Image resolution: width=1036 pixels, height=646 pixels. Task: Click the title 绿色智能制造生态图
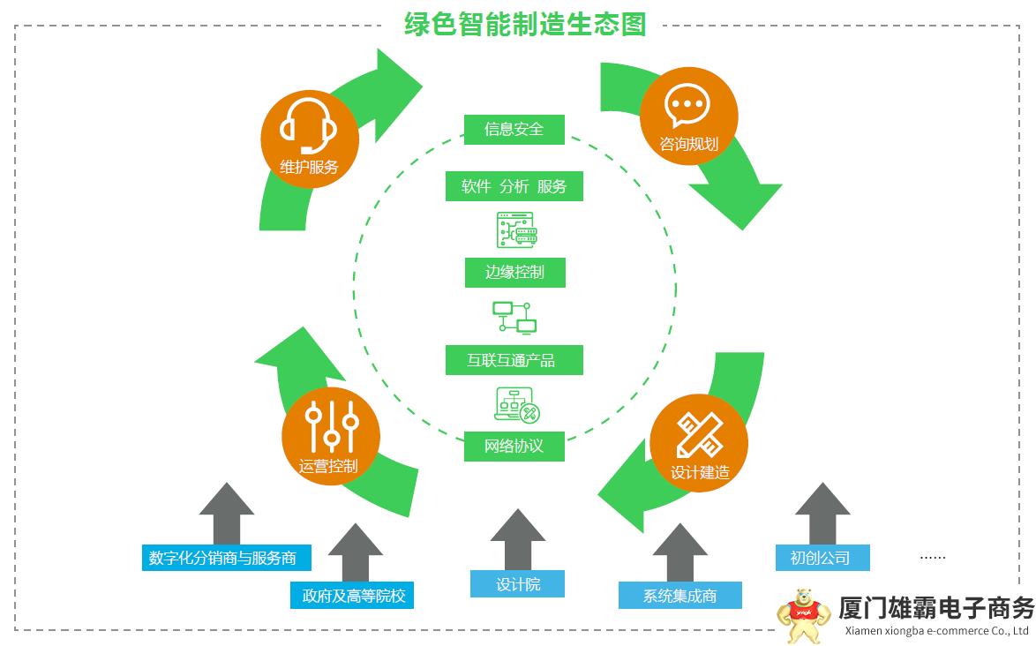(x=525, y=24)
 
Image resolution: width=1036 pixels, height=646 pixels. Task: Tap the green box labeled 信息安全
(x=514, y=129)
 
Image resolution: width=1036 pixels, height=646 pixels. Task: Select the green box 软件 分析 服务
(x=514, y=186)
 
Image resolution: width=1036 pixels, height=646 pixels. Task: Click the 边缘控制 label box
(x=514, y=272)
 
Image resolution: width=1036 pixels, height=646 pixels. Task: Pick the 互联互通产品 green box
(x=514, y=360)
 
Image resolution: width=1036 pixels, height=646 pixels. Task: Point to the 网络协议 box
(x=514, y=446)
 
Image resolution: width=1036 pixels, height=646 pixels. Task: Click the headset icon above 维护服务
(x=308, y=125)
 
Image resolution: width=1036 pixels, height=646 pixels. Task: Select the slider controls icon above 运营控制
(x=331, y=425)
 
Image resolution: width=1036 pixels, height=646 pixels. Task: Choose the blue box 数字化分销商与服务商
(x=229, y=558)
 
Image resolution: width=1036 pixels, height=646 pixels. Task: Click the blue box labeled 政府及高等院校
(x=352, y=596)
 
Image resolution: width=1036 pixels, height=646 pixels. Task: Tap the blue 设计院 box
(x=517, y=584)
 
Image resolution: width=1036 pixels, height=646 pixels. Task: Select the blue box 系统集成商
(x=679, y=596)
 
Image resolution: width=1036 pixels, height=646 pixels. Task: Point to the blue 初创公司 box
(x=821, y=558)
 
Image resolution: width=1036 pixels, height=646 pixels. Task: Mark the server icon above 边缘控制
(x=515, y=229)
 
